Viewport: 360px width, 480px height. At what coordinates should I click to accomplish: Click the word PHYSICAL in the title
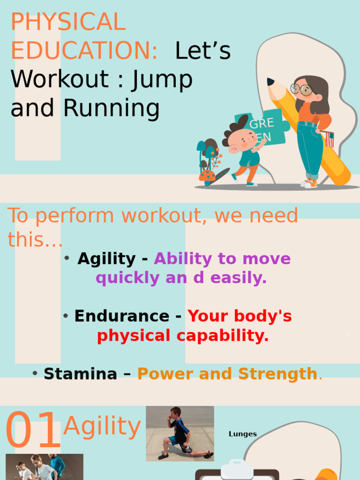[68, 22]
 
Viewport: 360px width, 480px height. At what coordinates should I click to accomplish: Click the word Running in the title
[112, 108]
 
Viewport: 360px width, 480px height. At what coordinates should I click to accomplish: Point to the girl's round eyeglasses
[301, 89]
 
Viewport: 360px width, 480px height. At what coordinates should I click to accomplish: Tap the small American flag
[330, 140]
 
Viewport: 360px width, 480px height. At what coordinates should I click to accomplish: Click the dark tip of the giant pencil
[270, 82]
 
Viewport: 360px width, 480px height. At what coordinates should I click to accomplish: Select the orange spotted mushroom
[207, 176]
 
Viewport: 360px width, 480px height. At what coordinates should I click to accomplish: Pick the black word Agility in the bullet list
[106, 259]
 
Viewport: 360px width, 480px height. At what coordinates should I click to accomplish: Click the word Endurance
[121, 316]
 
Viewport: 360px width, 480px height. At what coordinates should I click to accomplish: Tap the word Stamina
[80, 374]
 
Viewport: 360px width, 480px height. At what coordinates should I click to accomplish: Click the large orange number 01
[33, 430]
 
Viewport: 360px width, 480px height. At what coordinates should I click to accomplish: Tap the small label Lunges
[243, 434]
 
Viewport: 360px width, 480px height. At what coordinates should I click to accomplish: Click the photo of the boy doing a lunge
[180, 433]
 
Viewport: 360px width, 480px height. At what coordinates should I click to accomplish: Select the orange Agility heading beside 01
[102, 427]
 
